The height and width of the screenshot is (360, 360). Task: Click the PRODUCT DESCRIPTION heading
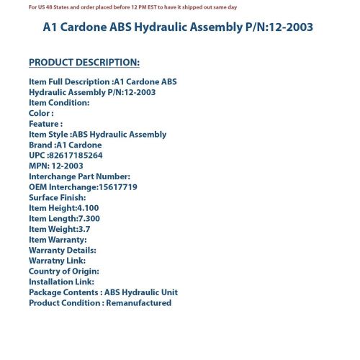(84, 62)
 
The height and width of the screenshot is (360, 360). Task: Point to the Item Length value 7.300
(89, 218)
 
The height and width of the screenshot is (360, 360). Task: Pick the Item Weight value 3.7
(84, 229)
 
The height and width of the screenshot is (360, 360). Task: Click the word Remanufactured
(138, 303)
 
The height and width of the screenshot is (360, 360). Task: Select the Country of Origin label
(63, 271)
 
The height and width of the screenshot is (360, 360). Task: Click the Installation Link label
(61, 282)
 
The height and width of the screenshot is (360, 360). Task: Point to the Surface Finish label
(57, 197)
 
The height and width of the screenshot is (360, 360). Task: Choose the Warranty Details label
(62, 250)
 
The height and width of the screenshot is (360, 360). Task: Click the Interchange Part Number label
(79, 176)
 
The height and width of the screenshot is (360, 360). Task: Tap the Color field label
(40, 113)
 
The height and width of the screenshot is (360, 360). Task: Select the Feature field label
(45, 124)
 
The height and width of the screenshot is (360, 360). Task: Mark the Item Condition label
(58, 102)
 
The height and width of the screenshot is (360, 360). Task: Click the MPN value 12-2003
(67, 166)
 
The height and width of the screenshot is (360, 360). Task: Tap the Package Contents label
(63, 292)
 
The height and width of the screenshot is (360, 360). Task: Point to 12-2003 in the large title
(283, 27)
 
